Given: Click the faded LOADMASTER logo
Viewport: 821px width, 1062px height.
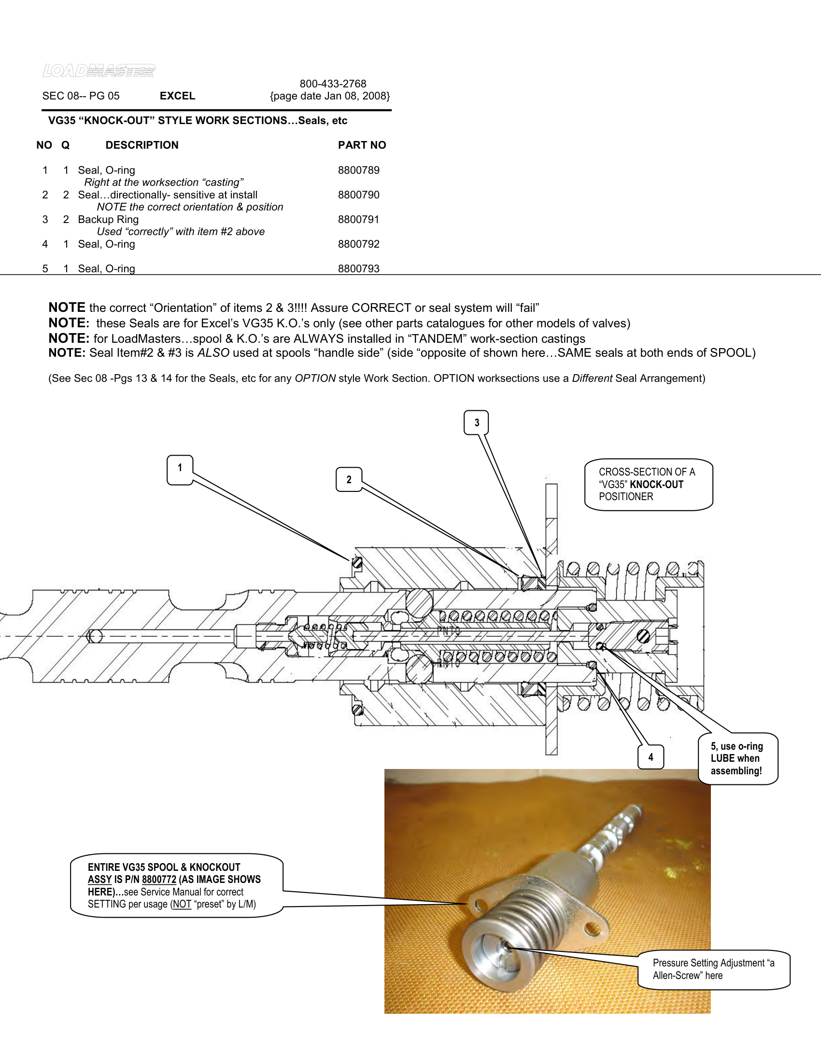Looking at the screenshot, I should tap(99, 71).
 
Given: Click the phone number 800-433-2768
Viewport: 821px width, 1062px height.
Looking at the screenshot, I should tap(333, 84).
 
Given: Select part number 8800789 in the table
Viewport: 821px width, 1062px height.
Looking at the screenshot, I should tap(358, 170).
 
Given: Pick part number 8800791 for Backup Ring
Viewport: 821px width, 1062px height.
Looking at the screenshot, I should tap(358, 219).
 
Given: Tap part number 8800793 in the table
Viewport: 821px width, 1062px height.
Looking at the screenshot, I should tap(358, 268).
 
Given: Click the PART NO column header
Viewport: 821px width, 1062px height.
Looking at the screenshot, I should tap(362, 145).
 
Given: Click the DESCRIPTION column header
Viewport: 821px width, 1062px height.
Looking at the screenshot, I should tap(142, 145).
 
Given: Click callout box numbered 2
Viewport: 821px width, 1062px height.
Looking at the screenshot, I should tap(349, 479).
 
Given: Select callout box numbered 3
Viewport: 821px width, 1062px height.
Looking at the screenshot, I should tap(476, 422).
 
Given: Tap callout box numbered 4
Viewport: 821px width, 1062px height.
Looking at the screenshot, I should tap(651, 756).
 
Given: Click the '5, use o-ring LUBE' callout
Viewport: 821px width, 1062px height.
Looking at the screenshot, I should tap(737, 758).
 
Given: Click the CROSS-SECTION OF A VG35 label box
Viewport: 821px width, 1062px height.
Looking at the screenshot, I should tap(648, 484).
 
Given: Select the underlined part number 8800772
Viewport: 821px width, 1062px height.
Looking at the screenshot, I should tap(159, 879).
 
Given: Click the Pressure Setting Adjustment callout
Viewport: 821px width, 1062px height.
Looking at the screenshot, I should tap(713, 969).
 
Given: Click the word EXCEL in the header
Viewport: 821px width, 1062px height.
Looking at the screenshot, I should tap(177, 96).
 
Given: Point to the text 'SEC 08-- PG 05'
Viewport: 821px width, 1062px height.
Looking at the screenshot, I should tap(81, 96).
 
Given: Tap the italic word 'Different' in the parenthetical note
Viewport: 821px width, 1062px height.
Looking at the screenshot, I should tap(592, 378).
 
